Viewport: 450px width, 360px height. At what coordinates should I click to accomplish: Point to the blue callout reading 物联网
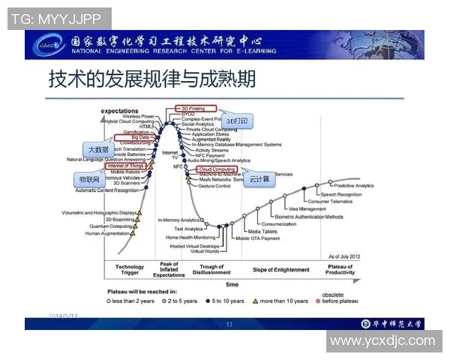coord(90,181)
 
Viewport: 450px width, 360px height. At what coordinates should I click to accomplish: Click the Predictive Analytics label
coord(353,185)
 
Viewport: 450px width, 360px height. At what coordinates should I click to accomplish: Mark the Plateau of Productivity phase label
coord(340,270)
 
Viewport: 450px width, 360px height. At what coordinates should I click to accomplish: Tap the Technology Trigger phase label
coord(129,270)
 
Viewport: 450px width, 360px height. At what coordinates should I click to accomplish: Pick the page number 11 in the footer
coord(229,324)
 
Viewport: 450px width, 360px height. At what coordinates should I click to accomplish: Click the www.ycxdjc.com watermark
coord(382,340)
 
